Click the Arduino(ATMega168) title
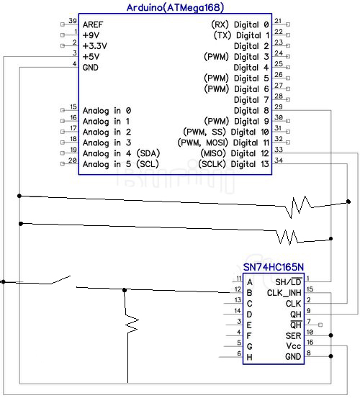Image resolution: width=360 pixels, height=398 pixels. (x=175, y=7)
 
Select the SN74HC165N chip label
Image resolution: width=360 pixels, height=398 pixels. (x=273, y=267)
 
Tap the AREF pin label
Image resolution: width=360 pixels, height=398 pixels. (x=92, y=24)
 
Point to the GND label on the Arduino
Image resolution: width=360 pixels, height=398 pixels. (x=91, y=68)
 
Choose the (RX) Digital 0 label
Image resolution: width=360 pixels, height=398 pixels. (x=238, y=24)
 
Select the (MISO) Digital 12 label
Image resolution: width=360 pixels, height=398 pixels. (x=237, y=153)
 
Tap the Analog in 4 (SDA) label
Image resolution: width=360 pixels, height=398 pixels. (x=120, y=153)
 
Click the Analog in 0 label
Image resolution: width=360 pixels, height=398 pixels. (x=107, y=111)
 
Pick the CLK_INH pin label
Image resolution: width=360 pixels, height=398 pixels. (x=284, y=292)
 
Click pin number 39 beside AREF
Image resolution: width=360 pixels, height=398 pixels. (x=73, y=21)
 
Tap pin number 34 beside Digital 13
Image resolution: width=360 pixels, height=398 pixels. (x=279, y=160)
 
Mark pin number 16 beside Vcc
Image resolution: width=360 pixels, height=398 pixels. (x=309, y=343)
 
